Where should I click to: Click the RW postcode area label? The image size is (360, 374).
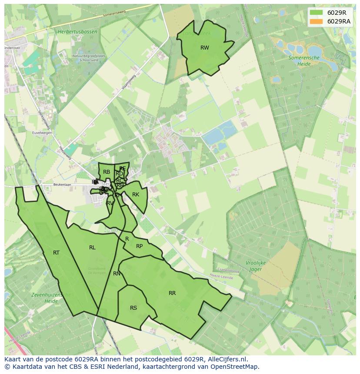205,48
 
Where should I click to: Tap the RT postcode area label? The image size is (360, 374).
56,253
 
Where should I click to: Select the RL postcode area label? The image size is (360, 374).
92,248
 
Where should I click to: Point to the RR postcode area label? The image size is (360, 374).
172,293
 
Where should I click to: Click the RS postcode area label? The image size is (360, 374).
133,308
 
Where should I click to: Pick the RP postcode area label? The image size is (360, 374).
139,246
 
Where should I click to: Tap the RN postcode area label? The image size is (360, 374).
117,274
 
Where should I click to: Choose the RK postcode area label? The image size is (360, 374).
136,195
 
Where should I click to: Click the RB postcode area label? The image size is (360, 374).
107,172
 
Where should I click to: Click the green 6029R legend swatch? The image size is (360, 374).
317,13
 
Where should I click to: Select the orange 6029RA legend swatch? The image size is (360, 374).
317,21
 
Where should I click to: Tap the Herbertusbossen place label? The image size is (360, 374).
76,31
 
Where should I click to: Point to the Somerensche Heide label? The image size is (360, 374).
304,60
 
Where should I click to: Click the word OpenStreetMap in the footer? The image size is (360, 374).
235,367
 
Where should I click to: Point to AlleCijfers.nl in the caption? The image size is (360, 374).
226,359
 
